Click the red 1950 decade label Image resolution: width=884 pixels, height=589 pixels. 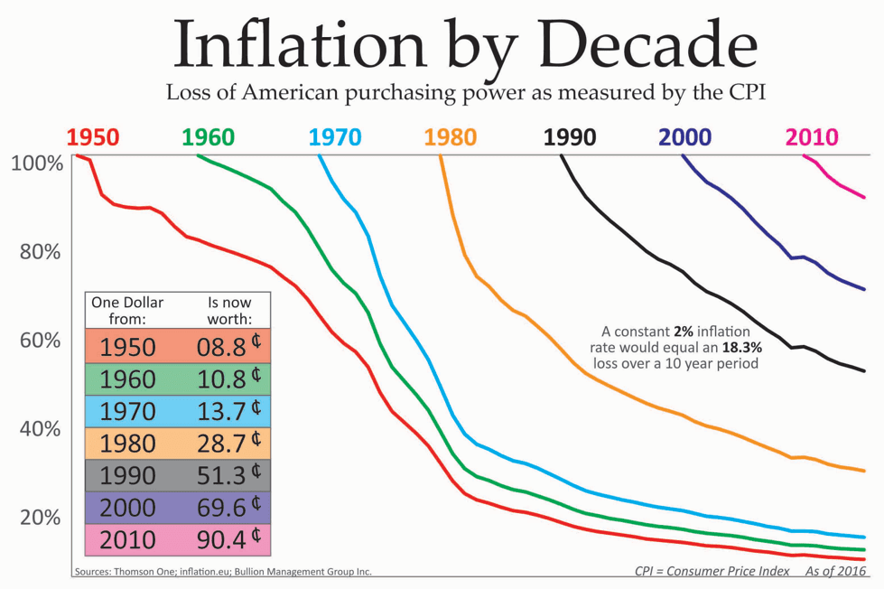93,137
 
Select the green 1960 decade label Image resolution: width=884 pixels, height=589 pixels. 209,137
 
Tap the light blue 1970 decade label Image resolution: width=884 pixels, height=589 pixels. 335,137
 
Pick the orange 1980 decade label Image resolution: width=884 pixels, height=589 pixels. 451,137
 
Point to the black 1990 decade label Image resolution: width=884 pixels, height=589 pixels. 570,137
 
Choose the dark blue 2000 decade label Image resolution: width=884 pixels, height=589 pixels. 685,137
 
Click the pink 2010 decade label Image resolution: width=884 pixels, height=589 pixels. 812,137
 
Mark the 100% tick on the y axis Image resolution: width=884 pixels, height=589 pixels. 37,164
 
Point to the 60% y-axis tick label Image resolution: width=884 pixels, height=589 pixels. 41,341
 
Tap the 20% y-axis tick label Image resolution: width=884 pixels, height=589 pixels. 41,518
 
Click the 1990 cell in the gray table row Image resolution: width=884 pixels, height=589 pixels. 127,475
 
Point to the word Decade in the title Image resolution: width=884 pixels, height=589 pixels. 620,42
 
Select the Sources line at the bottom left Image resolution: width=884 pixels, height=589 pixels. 222,572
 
